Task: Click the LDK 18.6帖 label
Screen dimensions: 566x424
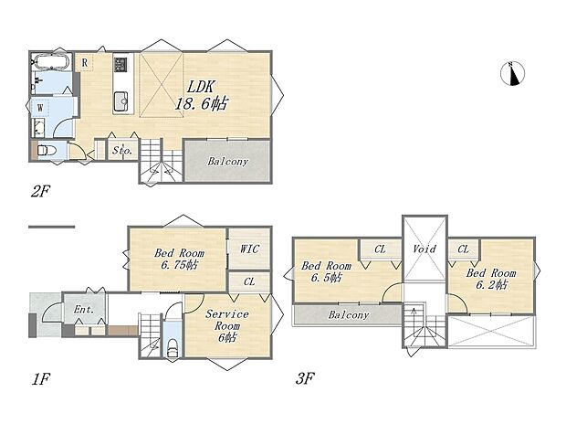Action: pos(202,95)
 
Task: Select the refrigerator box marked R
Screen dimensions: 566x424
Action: pos(85,62)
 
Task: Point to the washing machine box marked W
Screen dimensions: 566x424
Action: pos(40,108)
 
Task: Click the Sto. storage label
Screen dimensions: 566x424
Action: pos(122,151)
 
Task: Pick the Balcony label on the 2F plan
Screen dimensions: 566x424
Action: pos(228,161)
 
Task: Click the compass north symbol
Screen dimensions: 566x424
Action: pos(512,74)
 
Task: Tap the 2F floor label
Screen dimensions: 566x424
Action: pos(40,191)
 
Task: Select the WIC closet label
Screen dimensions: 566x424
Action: pos(249,249)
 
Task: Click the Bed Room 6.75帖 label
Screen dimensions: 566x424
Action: pos(179,259)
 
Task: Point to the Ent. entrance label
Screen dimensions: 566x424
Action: pos(84,310)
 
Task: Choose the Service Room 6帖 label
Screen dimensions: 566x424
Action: pos(227,325)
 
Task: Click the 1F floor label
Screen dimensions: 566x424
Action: pos(39,379)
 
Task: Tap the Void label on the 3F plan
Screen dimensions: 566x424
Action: pos(424,249)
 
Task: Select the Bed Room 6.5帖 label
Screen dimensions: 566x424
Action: pos(326,271)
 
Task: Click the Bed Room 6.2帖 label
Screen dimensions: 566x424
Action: pos(490,279)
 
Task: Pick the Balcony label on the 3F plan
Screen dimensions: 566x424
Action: pos(349,315)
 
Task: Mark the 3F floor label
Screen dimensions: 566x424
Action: pos(305,379)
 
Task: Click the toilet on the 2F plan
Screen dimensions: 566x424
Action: pos(47,150)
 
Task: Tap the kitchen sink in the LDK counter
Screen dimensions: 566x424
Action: pos(121,101)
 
